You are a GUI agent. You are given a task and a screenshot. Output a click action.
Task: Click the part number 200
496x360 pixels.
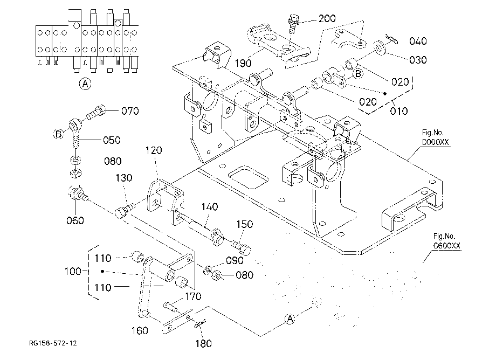pyautogui.click(x=327, y=19)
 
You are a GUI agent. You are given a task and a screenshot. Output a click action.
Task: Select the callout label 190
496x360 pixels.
pyautogui.click(x=243, y=64)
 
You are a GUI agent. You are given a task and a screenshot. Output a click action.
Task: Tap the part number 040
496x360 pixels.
pyautogui.click(x=418, y=41)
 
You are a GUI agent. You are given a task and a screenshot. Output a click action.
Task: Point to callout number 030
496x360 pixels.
pyautogui.click(x=418, y=60)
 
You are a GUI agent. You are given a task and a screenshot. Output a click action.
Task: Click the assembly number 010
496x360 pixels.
pyautogui.click(x=399, y=111)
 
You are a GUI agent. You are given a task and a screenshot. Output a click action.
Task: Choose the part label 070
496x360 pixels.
pyautogui.click(x=130, y=111)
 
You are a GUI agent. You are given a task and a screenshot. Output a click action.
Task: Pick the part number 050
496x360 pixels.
pyautogui.click(x=112, y=140)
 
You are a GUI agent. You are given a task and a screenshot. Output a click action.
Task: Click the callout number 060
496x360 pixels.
pyautogui.click(x=75, y=220)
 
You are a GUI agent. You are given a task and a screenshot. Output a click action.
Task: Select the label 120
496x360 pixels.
pyautogui.click(x=154, y=150)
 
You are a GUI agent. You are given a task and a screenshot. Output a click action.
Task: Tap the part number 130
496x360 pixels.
pyautogui.click(x=123, y=178)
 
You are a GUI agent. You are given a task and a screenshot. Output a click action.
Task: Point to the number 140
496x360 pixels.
pyautogui.click(x=209, y=207)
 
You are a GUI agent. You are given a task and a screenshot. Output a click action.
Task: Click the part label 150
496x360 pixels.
pyautogui.click(x=245, y=224)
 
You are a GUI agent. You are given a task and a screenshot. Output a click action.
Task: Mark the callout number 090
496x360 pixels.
pyautogui.click(x=235, y=261)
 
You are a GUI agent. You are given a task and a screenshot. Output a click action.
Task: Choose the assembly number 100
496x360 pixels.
pyautogui.click(x=73, y=271)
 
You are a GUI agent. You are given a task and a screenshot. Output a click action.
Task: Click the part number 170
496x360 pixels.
pyautogui.click(x=193, y=296)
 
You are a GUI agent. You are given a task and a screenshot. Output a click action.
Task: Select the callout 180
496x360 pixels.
pyautogui.click(x=203, y=344)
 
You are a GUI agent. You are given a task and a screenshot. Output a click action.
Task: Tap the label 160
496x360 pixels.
pyautogui.click(x=140, y=330)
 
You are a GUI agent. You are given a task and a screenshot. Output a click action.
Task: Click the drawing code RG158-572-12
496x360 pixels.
pyautogui.click(x=53, y=343)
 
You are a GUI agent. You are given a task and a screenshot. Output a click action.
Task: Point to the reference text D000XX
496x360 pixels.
pyautogui.click(x=435, y=142)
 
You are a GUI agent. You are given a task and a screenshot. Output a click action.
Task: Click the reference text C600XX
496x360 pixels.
pyautogui.click(x=446, y=246)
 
